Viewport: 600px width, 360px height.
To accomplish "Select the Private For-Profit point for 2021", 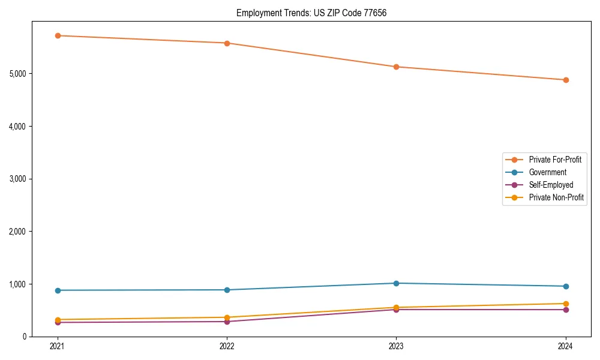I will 58,35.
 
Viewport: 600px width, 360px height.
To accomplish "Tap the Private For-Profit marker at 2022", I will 227,43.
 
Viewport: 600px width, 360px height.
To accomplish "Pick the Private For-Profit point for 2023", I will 397,67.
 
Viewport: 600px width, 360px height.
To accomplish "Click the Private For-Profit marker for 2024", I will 566,80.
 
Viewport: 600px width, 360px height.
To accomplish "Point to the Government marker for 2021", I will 58,290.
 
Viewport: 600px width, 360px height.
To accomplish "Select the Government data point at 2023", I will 397,283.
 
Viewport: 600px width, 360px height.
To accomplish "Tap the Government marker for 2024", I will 566,286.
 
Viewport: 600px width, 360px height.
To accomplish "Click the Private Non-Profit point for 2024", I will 566,304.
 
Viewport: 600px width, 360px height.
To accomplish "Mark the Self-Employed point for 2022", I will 227,322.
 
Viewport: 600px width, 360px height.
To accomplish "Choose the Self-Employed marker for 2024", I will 566,310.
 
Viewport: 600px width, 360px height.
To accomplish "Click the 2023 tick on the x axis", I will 397,346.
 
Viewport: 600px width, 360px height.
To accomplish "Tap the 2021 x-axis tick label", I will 58,346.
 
